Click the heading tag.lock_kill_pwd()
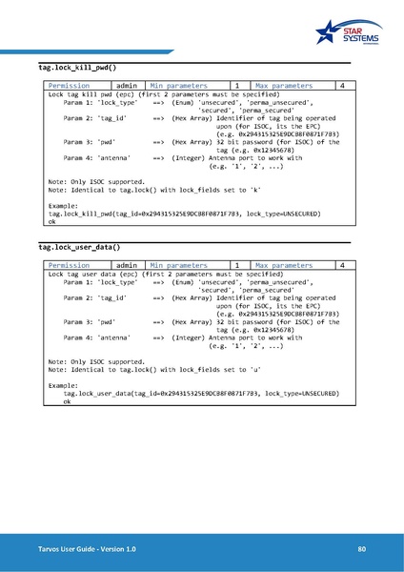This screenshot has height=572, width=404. [77, 68]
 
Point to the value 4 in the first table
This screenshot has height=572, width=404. [342, 86]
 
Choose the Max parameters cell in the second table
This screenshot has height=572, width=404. [284, 265]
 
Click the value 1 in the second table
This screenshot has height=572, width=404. [236, 265]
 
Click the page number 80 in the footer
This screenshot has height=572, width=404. [362, 549]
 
